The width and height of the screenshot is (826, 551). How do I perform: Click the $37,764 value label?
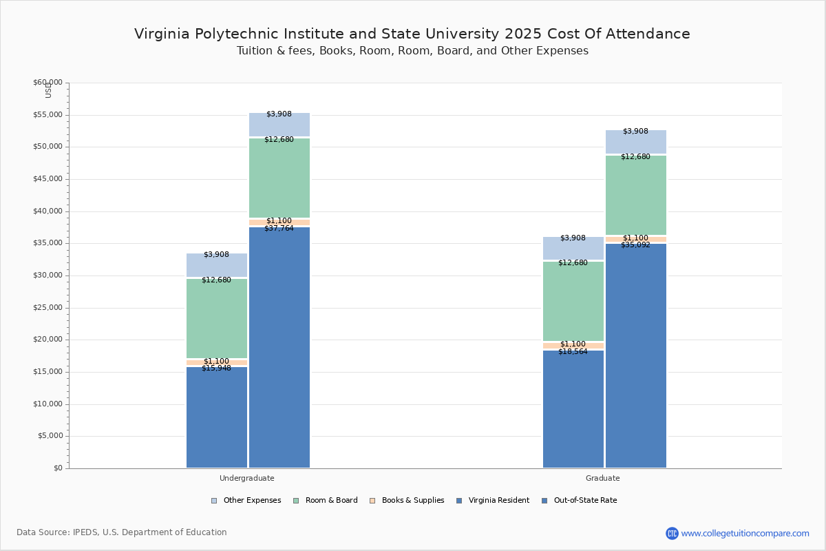tap(279, 228)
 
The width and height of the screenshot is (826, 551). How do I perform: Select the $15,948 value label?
tap(216, 368)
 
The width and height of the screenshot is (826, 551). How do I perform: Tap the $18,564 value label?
tap(573, 351)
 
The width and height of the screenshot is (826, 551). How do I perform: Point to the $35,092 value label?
tap(635, 245)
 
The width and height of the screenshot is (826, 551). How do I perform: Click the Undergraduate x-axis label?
tap(247, 478)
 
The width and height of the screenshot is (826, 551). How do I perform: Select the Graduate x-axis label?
tap(603, 478)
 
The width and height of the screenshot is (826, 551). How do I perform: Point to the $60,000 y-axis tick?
tap(47, 83)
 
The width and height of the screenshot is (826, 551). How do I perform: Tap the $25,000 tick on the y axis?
tap(47, 308)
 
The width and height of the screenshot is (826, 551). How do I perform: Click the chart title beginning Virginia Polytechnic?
tap(412, 34)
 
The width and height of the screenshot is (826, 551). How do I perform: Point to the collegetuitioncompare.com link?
tap(745, 533)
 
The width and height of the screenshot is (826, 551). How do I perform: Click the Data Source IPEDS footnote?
tap(122, 532)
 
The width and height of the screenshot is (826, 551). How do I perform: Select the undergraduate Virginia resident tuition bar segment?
tap(217, 420)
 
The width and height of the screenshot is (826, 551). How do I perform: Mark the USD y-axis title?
tap(48, 90)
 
